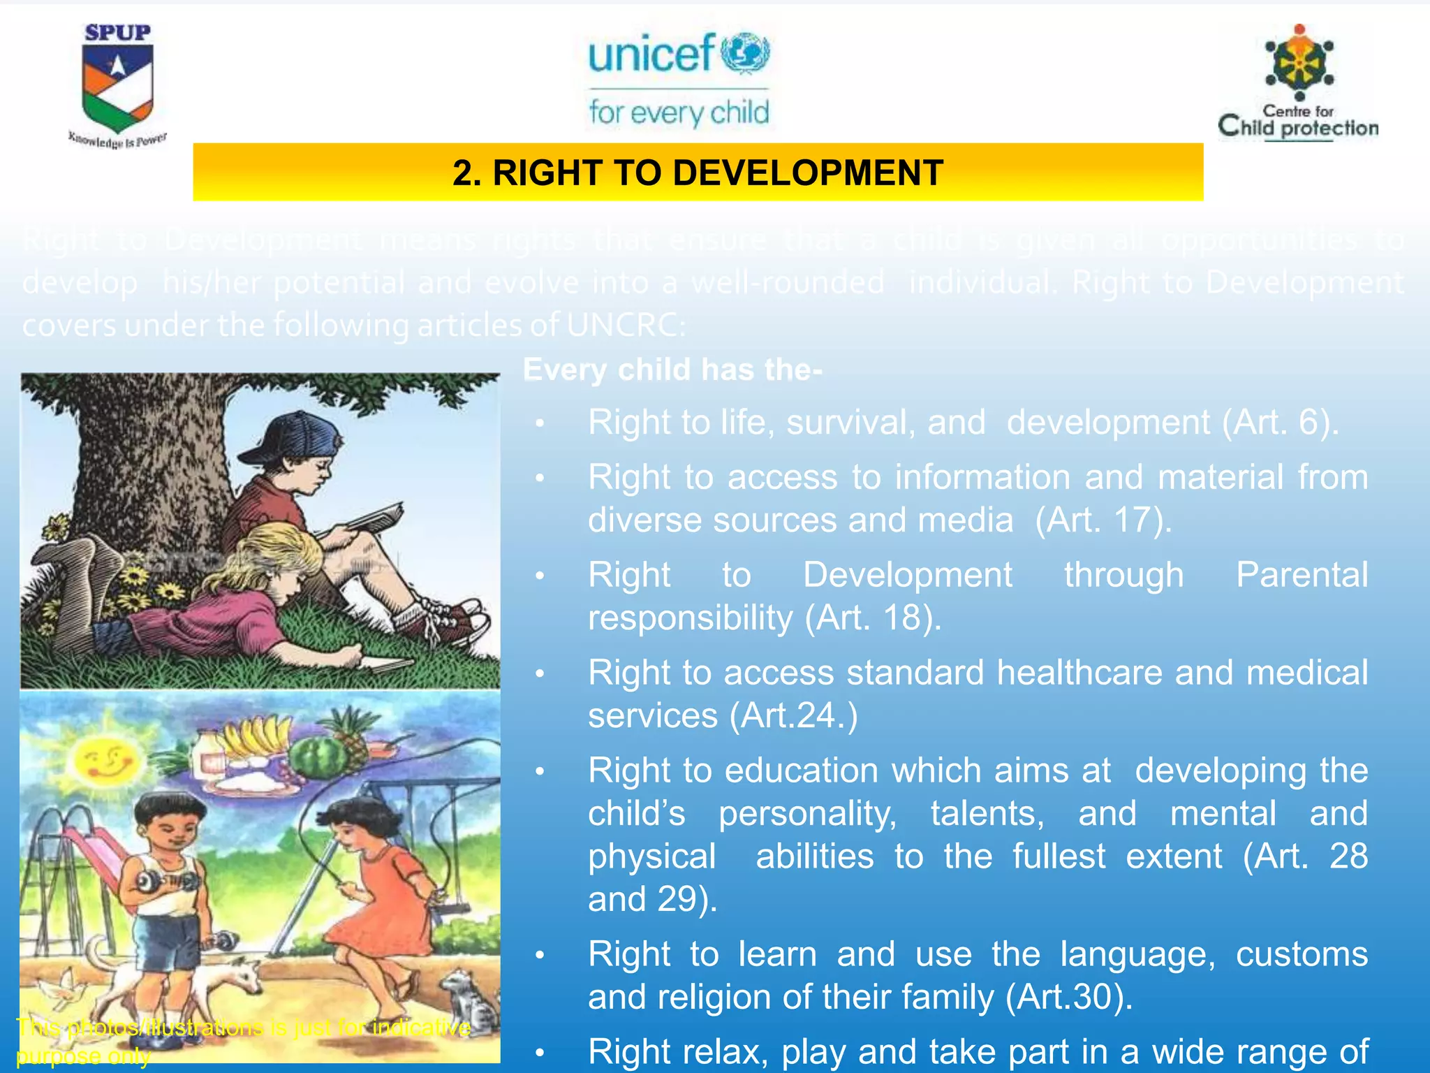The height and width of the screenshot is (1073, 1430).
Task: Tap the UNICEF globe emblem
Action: pyautogui.click(x=745, y=52)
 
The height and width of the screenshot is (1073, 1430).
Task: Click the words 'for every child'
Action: pyautogui.click(x=679, y=112)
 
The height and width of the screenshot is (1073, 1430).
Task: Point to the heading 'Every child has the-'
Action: pyautogui.click(x=672, y=370)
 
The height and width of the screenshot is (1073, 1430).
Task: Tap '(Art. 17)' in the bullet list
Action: pyautogui.click(x=1103, y=520)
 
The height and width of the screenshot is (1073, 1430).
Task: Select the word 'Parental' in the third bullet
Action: pyautogui.click(x=1302, y=576)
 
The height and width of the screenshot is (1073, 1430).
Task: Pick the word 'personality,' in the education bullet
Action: pyautogui.click(x=807, y=814)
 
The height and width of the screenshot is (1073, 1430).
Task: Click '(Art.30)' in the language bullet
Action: pyautogui.click(x=1068, y=997)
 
